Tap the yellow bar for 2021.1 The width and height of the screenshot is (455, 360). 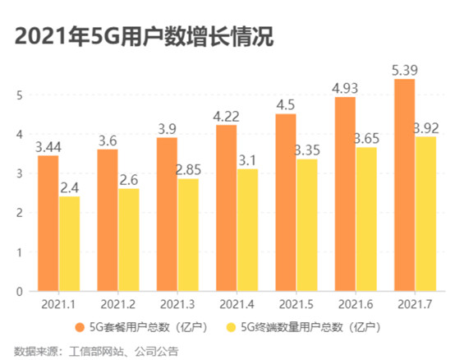click(x=70, y=244)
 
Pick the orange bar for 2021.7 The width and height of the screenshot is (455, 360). click(x=405, y=185)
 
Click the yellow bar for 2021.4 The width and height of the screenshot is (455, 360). click(x=248, y=230)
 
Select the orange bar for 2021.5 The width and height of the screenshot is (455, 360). click(x=286, y=202)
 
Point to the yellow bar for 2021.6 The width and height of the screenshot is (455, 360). click(x=366, y=219)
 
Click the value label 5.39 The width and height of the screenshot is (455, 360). click(x=405, y=70)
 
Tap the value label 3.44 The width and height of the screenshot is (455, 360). click(x=48, y=146)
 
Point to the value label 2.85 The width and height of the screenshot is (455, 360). click(x=189, y=169)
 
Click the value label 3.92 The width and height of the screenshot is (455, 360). click(x=426, y=127)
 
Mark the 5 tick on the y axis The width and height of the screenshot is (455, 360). click(x=19, y=95)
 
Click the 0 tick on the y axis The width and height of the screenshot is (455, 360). click(x=19, y=291)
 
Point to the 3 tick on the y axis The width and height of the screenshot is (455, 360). click(x=19, y=173)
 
